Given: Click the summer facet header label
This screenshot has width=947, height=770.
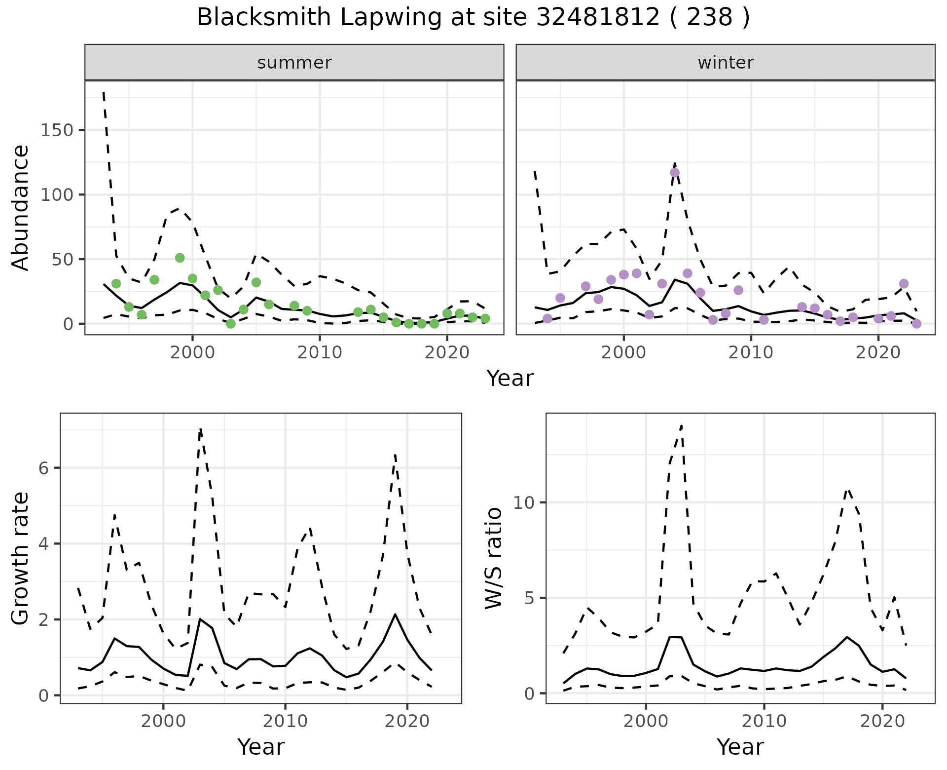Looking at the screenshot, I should (x=294, y=63).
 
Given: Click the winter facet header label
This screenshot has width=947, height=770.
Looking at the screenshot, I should (x=726, y=63).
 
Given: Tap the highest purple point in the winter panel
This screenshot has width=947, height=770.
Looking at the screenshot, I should (x=675, y=172).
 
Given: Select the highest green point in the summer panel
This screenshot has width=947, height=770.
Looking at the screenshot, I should (x=180, y=258).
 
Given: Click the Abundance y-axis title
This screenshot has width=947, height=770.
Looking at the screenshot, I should (x=20, y=207).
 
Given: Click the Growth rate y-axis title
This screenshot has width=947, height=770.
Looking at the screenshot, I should (x=20, y=558).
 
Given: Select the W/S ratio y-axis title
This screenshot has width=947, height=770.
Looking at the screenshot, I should (x=493, y=558).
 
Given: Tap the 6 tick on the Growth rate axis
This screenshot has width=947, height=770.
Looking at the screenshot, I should (x=44, y=468).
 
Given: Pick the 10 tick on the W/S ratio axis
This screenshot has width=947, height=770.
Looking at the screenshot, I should (x=524, y=503).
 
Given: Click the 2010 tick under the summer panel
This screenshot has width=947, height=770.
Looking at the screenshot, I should (x=320, y=352).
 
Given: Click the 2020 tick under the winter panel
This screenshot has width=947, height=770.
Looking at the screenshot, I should (x=878, y=352).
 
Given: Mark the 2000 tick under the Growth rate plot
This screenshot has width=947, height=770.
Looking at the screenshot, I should (x=163, y=721).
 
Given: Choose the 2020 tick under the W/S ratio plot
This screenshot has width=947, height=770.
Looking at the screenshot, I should (x=882, y=721).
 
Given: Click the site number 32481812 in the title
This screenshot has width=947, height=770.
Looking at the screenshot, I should (x=598, y=18).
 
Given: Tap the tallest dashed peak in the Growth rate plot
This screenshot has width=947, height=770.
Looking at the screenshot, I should (x=200, y=429).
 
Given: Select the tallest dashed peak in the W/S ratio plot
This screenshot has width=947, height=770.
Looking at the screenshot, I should (x=681, y=425).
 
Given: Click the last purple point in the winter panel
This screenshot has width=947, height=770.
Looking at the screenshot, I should (x=916, y=324).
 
